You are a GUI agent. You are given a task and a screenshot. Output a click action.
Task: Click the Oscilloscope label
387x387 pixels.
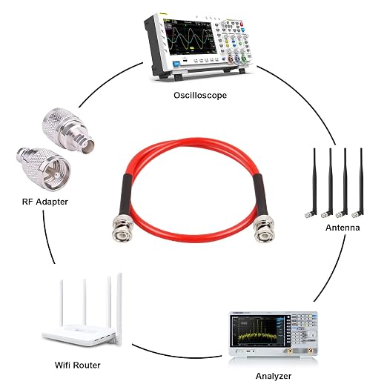[200, 96]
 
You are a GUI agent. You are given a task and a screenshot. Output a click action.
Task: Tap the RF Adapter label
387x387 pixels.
[45, 202]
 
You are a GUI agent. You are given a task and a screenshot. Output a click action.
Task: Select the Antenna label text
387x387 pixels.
[343, 228]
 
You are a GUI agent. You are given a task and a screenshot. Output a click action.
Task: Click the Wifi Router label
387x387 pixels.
[78, 365]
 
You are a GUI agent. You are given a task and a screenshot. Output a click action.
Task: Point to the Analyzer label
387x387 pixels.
[274, 376]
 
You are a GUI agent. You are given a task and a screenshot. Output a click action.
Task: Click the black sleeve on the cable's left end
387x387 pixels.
[126, 194]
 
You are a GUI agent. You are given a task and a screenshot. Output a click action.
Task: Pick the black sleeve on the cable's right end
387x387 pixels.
[260, 194]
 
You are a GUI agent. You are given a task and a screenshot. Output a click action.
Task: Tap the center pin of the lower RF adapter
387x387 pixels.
[57, 175]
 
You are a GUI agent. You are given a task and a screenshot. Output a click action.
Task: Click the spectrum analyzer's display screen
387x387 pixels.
[257, 331]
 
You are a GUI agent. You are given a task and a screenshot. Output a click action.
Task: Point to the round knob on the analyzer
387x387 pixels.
[312, 334]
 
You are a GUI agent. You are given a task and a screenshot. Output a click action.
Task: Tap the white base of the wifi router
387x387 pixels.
[79, 335]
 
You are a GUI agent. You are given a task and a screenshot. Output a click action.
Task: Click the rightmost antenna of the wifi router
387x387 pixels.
[119, 309]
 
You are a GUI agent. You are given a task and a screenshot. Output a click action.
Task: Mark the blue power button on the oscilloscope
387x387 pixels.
[176, 64]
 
